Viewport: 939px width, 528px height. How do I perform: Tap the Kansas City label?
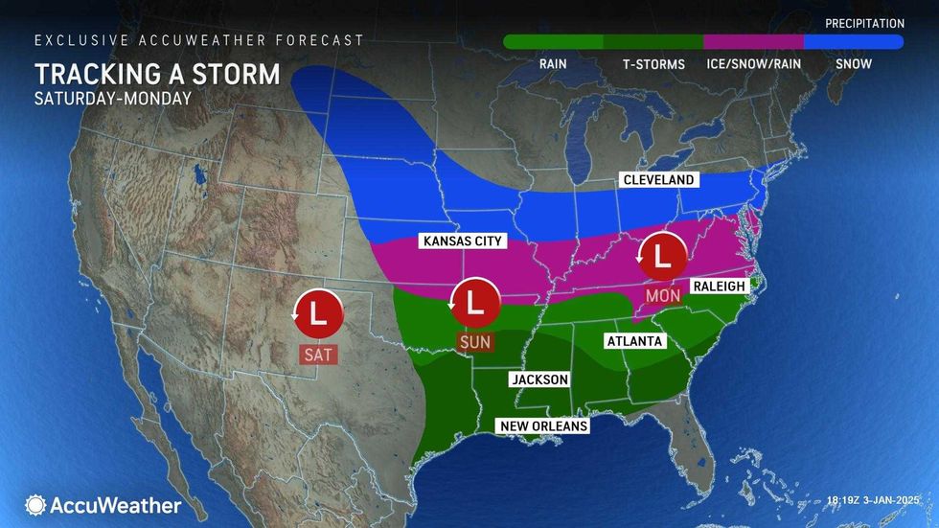(x=462, y=241)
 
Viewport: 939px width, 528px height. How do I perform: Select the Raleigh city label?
(x=719, y=287)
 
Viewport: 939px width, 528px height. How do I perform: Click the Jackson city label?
(x=540, y=379)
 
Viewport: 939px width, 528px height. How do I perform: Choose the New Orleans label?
(x=541, y=425)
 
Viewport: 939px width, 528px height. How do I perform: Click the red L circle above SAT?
(x=317, y=310)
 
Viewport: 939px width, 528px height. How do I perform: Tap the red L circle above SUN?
(x=474, y=301)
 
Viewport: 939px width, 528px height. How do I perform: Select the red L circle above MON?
(x=662, y=256)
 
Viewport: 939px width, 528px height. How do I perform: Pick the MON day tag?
(x=662, y=296)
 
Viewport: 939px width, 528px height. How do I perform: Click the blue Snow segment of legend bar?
(x=853, y=41)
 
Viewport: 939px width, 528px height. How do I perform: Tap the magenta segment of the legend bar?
(x=753, y=41)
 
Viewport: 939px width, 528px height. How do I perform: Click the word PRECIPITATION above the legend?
(x=865, y=23)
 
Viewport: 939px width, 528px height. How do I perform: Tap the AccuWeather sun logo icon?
(x=36, y=505)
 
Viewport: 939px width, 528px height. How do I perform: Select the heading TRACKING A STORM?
(x=157, y=74)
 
